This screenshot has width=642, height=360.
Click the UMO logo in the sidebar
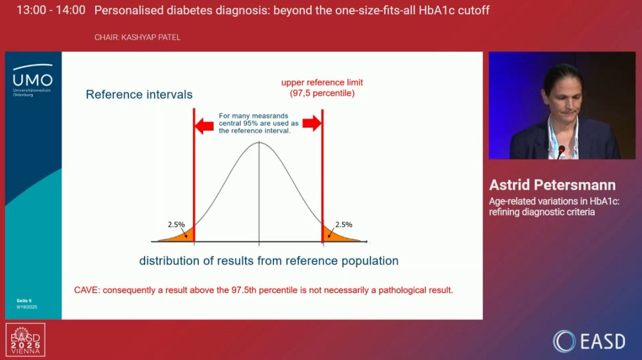tap(32, 80)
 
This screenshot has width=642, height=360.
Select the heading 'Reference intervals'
tap(139, 94)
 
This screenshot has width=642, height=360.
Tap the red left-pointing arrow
tap(204, 124)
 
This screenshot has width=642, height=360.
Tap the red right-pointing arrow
tap(312, 123)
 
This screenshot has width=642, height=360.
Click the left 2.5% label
tap(177, 225)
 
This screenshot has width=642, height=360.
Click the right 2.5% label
tap(344, 225)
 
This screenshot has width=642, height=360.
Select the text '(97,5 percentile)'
tap(322, 93)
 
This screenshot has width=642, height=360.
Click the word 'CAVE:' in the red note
tap(87, 290)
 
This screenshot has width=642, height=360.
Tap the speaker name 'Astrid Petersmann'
tap(552, 185)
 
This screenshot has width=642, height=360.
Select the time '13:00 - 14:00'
tap(51, 10)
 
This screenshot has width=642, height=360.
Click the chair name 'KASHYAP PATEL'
tap(150, 37)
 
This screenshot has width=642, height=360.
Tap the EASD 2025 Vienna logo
tap(26, 340)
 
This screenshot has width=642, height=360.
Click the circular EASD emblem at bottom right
tap(564, 341)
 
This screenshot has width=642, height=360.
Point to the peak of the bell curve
tap(259, 142)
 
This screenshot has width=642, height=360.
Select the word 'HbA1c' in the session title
tap(436, 10)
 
